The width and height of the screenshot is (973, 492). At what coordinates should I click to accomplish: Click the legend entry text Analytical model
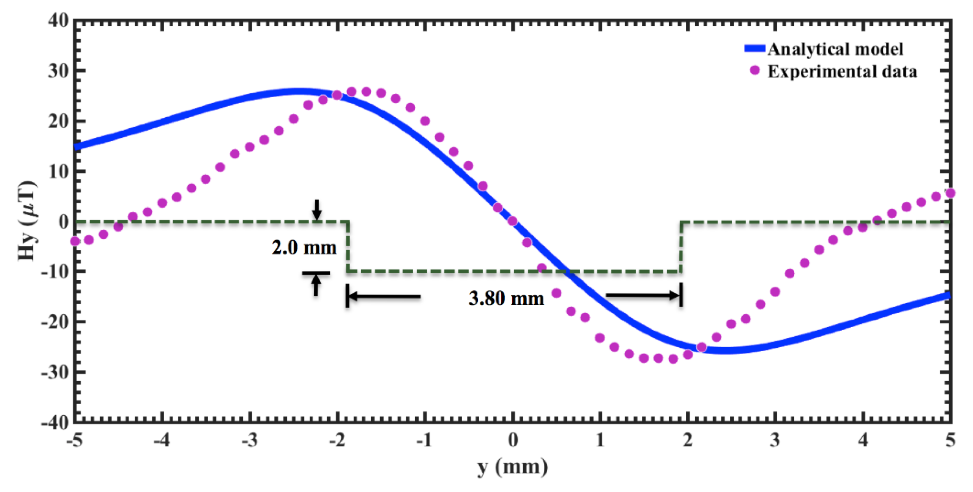(835, 49)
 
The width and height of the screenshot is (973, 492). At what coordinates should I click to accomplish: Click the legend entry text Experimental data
(842, 71)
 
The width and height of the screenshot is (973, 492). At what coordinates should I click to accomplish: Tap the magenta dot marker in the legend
(755, 70)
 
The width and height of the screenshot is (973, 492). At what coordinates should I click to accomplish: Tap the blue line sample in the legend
(755, 49)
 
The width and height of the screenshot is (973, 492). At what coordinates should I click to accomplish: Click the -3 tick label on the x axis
(250, 440)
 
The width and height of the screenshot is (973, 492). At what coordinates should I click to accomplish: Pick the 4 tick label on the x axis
(863, 440)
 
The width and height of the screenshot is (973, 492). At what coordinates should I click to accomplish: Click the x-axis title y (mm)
(512, 467)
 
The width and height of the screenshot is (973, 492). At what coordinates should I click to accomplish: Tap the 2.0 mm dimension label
(304, 248)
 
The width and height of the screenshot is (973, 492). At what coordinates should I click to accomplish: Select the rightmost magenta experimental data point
(951, 193)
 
